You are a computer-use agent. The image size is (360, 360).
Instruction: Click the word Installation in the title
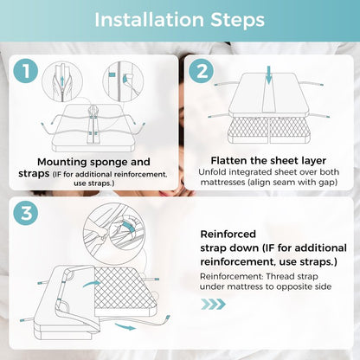(149, 20)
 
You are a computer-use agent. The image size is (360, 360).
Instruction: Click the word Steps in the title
(237, 20)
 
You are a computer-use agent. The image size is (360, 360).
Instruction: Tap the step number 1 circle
(26, 71)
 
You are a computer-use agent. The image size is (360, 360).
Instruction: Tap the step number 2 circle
(202, 71)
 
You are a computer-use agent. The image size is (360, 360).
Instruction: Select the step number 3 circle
(26, 214)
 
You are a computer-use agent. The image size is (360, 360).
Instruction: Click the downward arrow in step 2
(269, 75)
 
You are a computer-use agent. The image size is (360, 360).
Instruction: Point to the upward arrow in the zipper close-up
(62, 80)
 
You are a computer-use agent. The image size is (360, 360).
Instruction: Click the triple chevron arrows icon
(213, 304)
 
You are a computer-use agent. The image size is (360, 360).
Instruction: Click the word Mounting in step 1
(62, 162)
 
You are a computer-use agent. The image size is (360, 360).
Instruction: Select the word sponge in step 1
(109, 163)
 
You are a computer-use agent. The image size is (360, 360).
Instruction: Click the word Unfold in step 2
(211, 172)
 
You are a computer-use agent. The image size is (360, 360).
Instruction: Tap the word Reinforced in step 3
(228, 234)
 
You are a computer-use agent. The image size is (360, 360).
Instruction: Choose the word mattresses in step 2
(223, 183)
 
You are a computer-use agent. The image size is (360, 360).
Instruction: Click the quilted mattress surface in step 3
(125, 287)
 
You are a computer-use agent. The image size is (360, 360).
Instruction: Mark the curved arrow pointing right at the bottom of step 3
(125, 326)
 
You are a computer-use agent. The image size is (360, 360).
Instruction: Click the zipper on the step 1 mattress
(93, 124)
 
